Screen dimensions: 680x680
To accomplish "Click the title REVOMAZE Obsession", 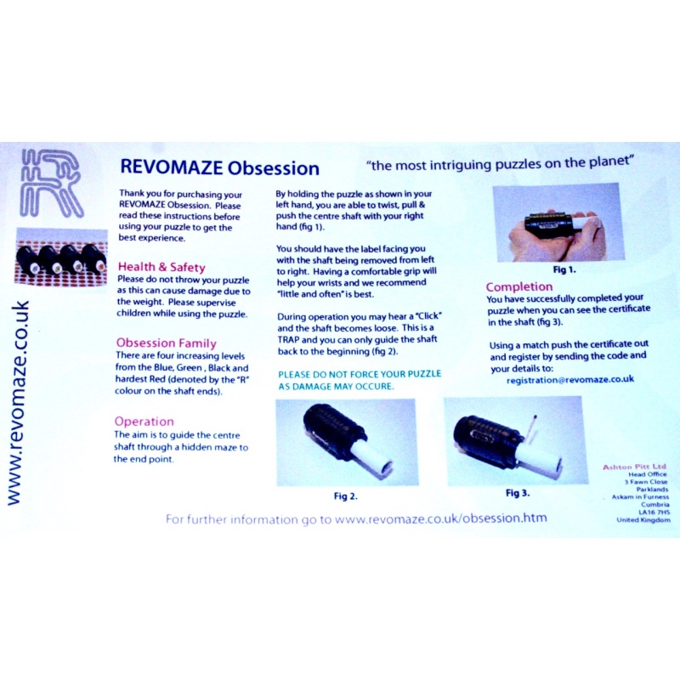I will (219, 167).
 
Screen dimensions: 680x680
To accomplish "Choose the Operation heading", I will (144, 421).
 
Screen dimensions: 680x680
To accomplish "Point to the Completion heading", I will (518, 286).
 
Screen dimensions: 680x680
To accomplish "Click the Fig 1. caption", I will (564, 269).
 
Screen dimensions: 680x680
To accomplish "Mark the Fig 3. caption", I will (518, 492).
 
